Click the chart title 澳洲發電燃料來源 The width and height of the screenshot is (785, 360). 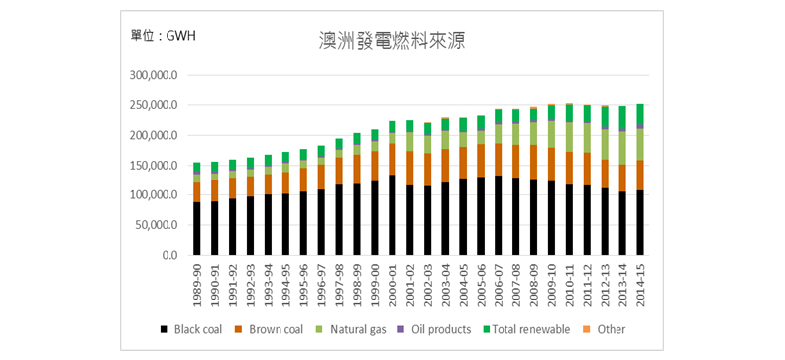click(x=392, y=41)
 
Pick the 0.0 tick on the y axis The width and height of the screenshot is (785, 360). click(x=169, y=255)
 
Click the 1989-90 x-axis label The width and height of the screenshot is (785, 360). click(x=198, y=284)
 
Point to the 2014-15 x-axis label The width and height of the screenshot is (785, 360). click(x=640, y=284)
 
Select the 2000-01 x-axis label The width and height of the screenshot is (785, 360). click(x=392, y=284)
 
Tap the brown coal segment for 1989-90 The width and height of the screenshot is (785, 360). click(x=198, y=191)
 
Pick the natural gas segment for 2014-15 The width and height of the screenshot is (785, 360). click(x=640, y=144)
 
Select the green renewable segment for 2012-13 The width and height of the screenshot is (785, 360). click(x=605, y=117)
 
